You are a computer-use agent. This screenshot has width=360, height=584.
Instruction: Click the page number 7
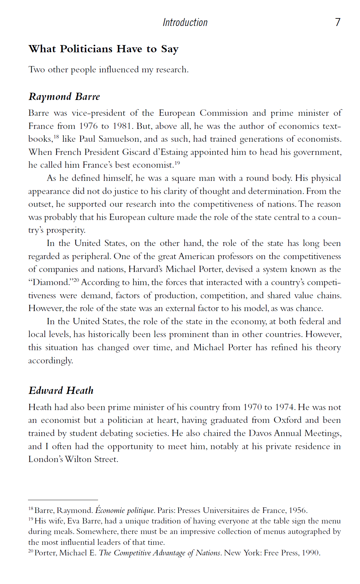point(338,22)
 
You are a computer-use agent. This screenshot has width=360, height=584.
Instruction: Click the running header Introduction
point(185,22)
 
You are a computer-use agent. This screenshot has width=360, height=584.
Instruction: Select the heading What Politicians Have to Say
point(103,49)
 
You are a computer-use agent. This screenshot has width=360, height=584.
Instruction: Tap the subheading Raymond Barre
point(64,97)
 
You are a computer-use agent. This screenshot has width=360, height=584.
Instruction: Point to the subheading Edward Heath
point(61,391)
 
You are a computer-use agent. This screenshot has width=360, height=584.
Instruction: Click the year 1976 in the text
point(88,126)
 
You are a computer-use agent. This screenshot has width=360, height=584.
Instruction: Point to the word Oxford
point(287,420)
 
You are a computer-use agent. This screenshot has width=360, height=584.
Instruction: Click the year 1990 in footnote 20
point(310,553)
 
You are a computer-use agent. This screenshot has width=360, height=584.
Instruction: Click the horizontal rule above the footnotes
point(63,500)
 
